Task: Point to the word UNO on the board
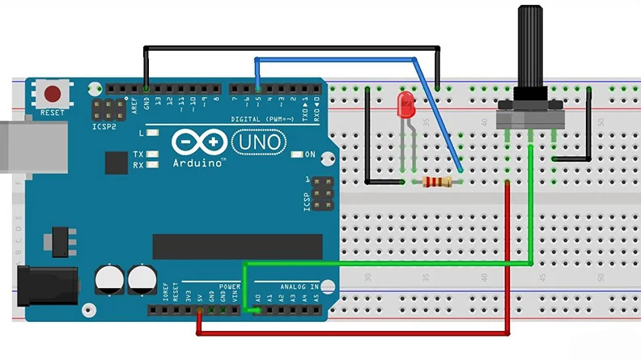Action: (x=261, y=143)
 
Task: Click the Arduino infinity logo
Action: (x=199, y=143)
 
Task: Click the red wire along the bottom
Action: (x=356, y=332)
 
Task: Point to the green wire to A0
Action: (x=388, y=264)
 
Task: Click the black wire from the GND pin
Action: (x=291, y=48)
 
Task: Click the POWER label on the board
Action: (x=229, y=286)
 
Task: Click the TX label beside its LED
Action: (x=138, y=154)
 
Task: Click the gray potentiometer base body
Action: (x=530, y=120)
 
